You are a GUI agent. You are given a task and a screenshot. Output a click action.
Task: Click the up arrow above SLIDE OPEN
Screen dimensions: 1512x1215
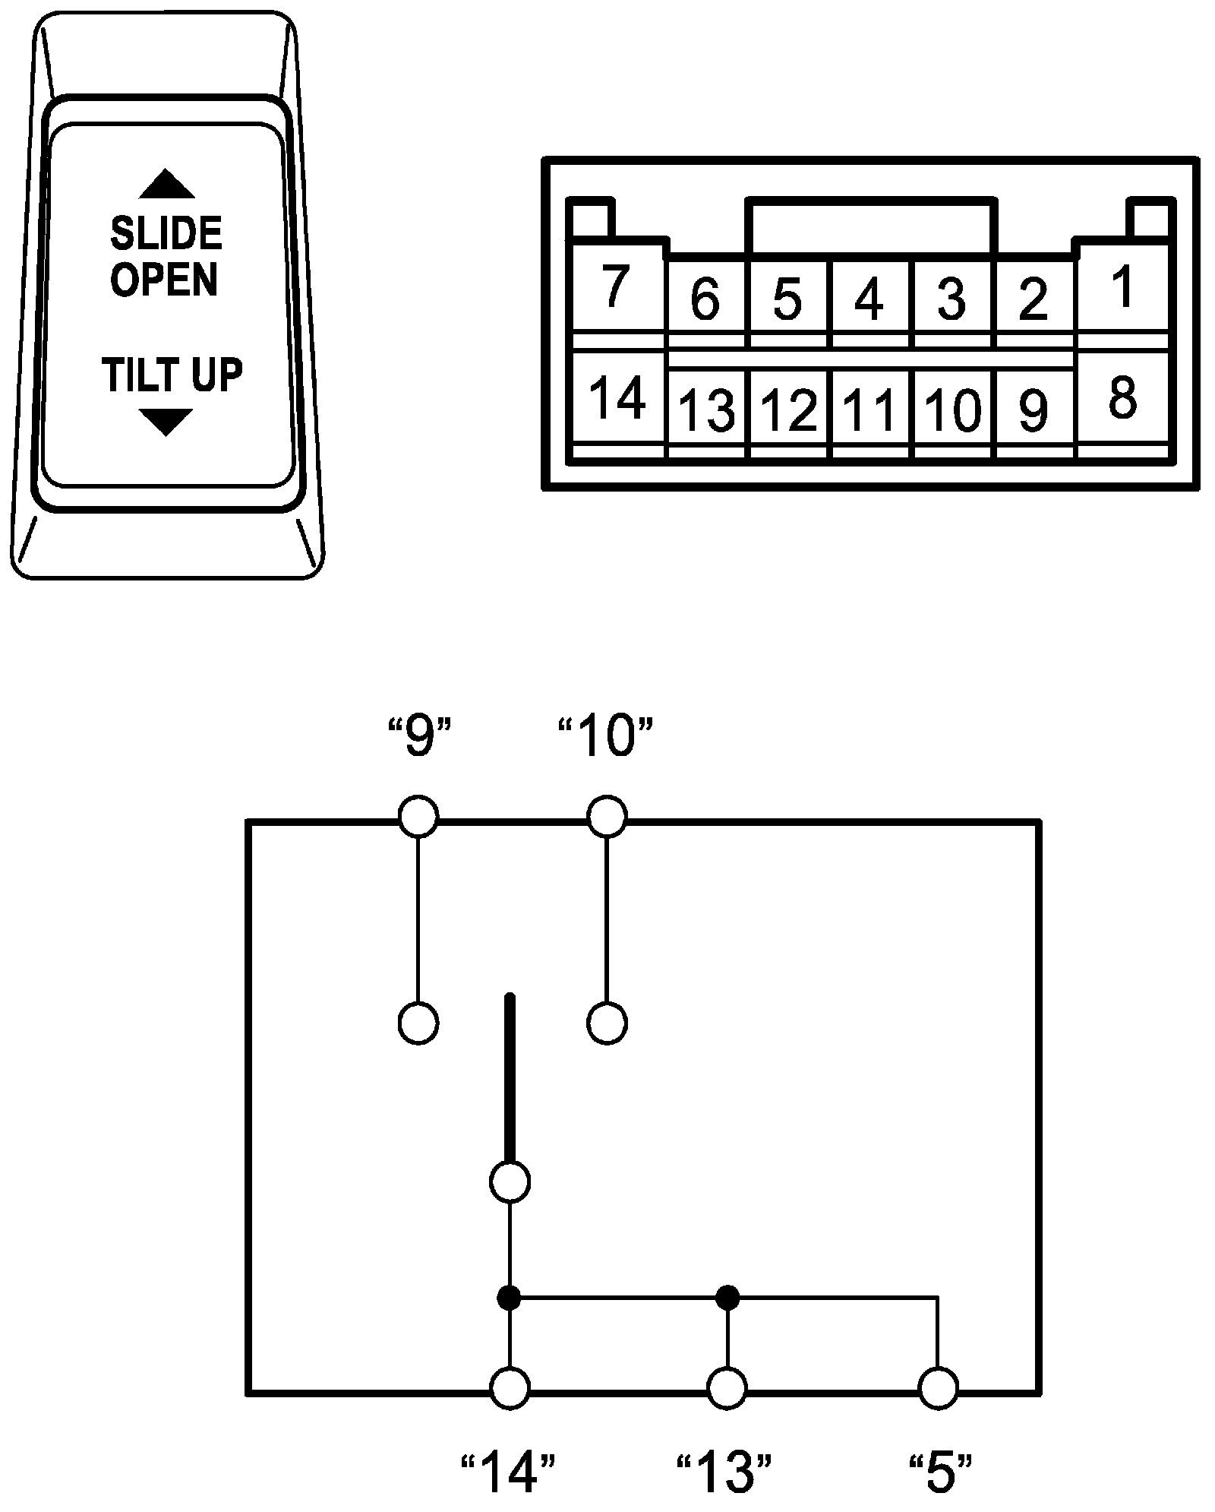click(166, 185)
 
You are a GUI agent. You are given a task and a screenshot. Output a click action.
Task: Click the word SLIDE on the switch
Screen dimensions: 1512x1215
click(166, 233)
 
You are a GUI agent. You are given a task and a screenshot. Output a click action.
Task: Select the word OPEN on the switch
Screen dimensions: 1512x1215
click(164, 280)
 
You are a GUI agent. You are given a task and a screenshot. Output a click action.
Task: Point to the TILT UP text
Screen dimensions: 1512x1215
click(172, 375)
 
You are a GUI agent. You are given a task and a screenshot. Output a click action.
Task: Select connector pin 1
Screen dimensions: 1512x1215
click(1122, 287)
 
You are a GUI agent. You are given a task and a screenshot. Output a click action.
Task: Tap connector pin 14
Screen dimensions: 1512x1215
click(617, 398)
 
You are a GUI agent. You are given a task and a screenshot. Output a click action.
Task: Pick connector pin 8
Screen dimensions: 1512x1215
click(1122, 398)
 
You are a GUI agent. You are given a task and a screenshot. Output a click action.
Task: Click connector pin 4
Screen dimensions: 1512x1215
click(869, 299)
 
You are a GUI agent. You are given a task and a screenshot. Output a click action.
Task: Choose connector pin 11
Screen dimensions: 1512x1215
click(870, 410)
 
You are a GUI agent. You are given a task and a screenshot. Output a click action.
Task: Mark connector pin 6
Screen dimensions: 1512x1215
click(705, 299)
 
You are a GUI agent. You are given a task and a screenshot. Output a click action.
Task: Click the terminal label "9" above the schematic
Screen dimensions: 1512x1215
click(419, 738)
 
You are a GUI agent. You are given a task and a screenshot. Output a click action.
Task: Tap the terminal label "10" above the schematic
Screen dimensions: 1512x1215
click(606, 738)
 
